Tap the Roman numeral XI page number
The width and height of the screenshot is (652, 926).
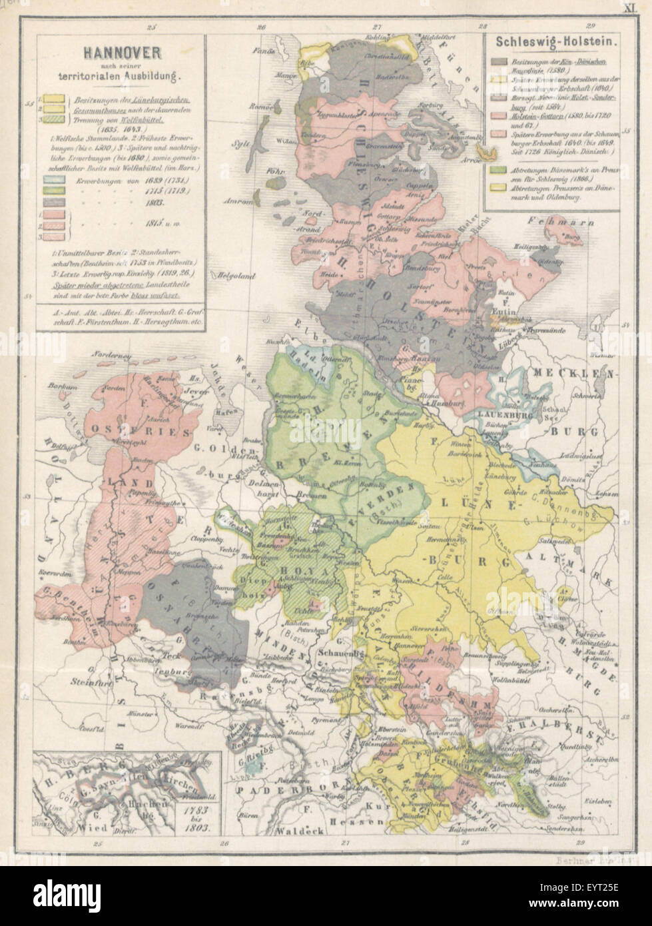point(629,9)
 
